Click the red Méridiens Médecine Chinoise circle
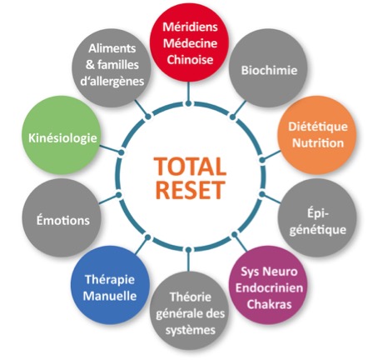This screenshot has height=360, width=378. (x=189, y=43)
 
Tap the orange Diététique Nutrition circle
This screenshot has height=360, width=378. (x=317, y=135)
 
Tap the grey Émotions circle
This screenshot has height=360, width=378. (x=62, y=217)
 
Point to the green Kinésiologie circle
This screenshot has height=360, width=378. (x=62, y=135)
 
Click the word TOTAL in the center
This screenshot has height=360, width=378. (x=191, y=167)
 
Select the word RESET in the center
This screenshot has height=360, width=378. (x=191, y=190)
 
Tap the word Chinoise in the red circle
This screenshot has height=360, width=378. (x=190, y=59)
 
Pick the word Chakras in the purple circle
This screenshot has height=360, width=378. (x=269, y=304)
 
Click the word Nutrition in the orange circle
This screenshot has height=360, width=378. (x=318, y=143)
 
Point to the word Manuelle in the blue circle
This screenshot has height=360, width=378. (x=110, y=296)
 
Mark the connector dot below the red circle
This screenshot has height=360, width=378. (x=189, y=103)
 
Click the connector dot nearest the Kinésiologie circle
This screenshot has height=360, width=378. (x=121, y=152)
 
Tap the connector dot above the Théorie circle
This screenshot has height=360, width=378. (x=189, y=250)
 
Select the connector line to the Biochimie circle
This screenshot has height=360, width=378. (x=239, y=108)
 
